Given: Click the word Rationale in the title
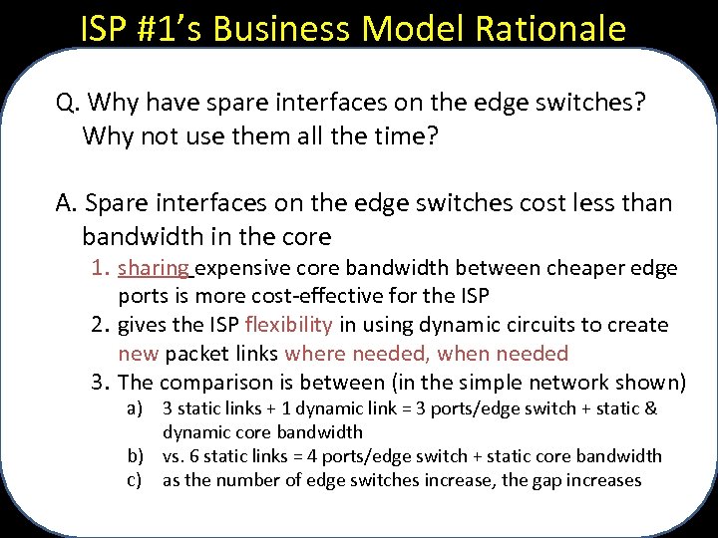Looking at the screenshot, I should click(x=558, y=28).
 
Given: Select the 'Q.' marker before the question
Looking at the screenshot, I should click(x=68, y=103).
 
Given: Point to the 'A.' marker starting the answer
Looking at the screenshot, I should click(x=68, y=204).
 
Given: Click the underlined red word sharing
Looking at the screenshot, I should click(x=154, y=268).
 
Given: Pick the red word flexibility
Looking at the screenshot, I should click(x=288, y=325).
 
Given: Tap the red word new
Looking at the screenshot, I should click(x=138, y=354).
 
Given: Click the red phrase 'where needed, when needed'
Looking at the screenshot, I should click(x=426, y=354).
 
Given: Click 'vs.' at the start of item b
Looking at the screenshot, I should click(x=176, y=456).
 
